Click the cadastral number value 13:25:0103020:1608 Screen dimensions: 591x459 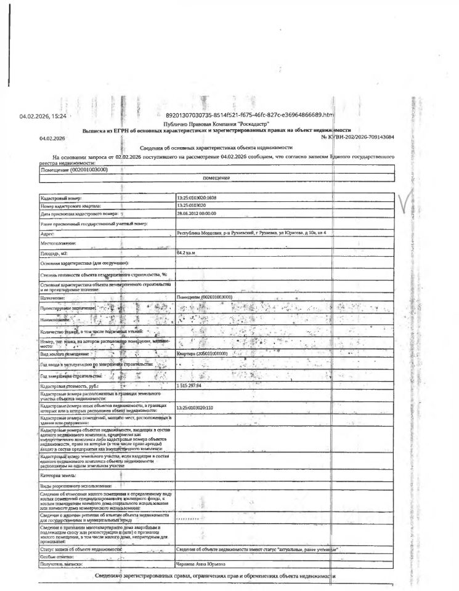click(x=197, y=198)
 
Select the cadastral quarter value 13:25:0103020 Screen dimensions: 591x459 click(x=193, y=206)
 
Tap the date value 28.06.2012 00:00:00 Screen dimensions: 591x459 click(x=197, y=213)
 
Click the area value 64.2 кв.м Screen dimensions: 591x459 click(x=185, y=252)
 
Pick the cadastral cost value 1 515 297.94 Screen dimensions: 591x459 click(x=190, y=385)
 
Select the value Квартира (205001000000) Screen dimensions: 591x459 click(x=202, y=354)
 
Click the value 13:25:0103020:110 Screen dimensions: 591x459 click(x=195, y=408)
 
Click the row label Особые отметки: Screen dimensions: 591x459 click(x=59, y=556)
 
